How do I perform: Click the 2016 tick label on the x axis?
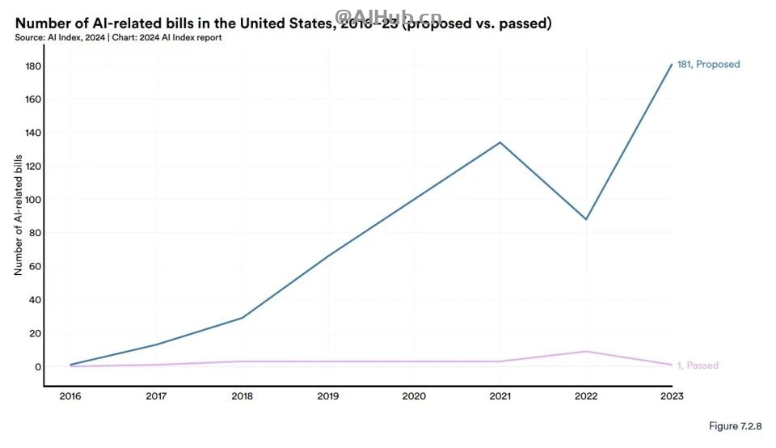tap(71, 396)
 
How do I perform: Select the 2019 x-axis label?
tap(329, 396)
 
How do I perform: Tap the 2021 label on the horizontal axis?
tap(500, 396)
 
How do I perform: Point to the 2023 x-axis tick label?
tap(672, 396)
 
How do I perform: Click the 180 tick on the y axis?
tap(32, 66)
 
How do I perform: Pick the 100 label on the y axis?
tap(32, 200)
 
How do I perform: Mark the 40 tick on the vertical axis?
tap(34, 300)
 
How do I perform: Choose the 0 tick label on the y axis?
tap(37, 366)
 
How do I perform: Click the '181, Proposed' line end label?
tap(708, 65)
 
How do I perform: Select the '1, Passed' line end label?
tap(698, 366)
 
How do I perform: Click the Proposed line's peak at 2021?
tap(500, 142)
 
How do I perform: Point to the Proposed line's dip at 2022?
tap(586, 219)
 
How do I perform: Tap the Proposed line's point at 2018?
tap(242, 318)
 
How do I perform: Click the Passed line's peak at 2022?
tap(586, 351)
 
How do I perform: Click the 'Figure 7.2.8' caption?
tap(735, 426)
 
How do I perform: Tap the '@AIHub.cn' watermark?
tap(377, 15)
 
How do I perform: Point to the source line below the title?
tap(118, 37)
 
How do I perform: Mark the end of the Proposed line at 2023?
tap(672, 65)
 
